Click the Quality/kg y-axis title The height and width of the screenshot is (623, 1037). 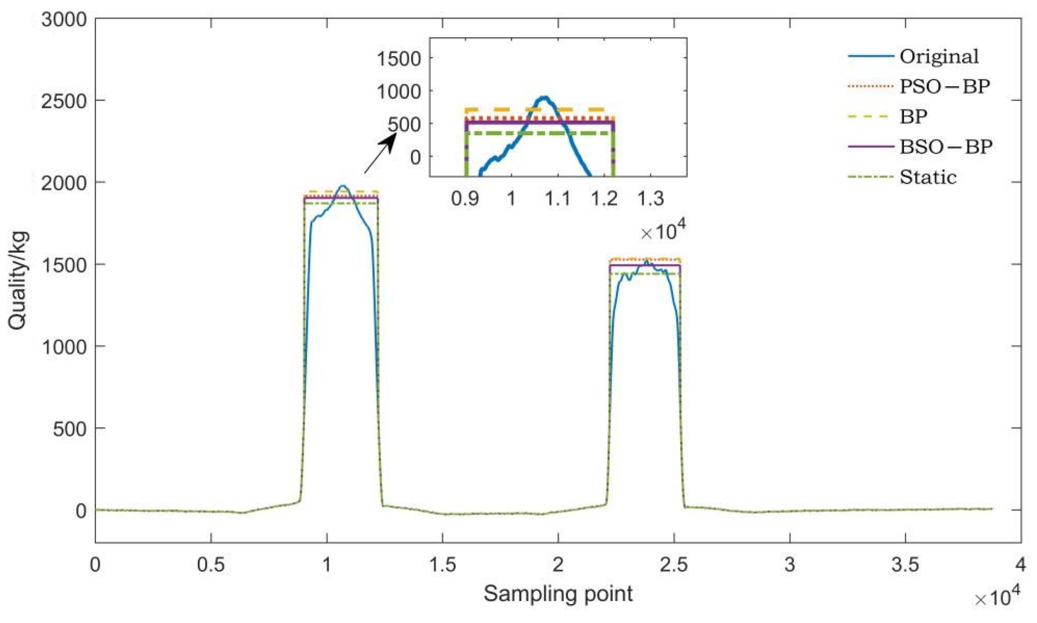pos(18,280)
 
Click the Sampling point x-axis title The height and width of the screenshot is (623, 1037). pos(558,594)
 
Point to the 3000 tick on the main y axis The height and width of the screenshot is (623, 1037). pos(64,20)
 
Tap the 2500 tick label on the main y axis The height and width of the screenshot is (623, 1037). pos(64,101)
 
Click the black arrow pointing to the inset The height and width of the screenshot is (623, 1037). pos(379,153)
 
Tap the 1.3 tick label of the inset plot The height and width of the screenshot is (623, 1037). pos(650,199)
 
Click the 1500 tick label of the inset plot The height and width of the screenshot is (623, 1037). pos(399,59)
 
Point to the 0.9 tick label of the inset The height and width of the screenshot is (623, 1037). pos(465,199)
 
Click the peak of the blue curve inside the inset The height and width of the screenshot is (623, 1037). pos(544,98)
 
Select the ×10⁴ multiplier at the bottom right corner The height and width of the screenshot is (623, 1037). pos(997,596)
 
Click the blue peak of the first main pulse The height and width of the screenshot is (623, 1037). pos(343,186)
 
